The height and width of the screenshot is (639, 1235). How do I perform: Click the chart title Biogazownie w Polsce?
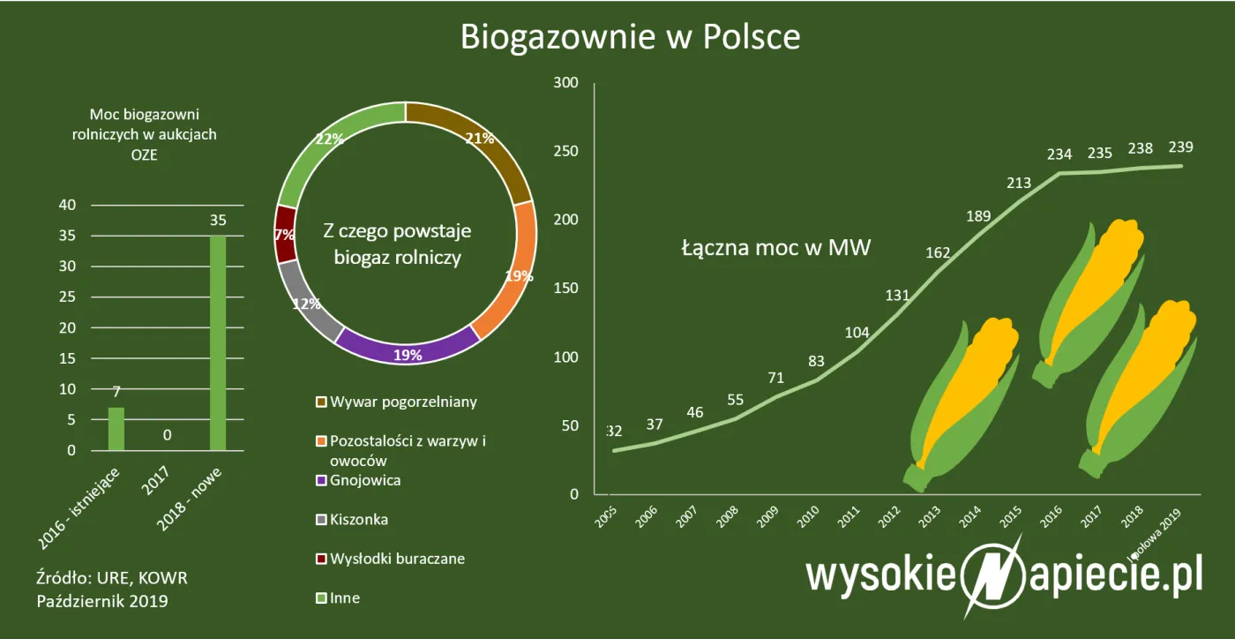pos(630,37)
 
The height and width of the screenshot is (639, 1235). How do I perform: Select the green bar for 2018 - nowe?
pos(217,344)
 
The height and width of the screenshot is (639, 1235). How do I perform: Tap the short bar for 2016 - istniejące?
pos(116,429)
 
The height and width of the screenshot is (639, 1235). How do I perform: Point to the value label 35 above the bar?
pos(218,221)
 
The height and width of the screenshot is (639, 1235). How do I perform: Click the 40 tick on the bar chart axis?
pos(68,206)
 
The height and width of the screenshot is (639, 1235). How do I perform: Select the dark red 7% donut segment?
pos(284,234)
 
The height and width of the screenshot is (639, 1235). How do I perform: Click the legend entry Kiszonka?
pos(358,519)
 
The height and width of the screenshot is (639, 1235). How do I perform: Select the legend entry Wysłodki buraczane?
pos(397,559)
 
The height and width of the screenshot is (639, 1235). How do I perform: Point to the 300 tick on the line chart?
pos(565,83)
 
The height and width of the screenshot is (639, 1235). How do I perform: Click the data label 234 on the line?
pos(1059,154)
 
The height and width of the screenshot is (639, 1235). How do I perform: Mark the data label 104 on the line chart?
pos(857,333)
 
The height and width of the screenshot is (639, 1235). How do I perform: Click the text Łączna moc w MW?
pos(776,248)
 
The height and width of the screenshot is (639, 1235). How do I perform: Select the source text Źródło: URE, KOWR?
pos(112,578)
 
